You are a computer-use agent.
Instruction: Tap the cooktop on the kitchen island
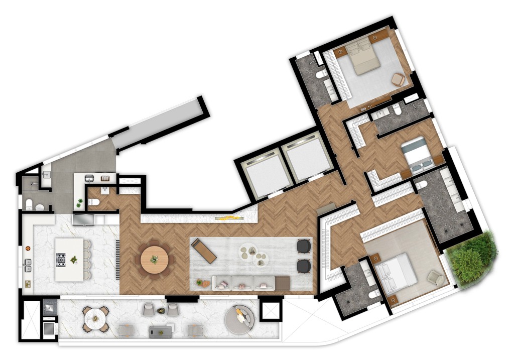61,259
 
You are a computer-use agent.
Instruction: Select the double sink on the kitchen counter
28,265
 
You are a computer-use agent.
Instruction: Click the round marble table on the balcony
95,317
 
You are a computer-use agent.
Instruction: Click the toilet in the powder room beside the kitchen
93,202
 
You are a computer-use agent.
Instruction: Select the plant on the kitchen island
74,259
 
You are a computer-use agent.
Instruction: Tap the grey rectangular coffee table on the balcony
161,330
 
